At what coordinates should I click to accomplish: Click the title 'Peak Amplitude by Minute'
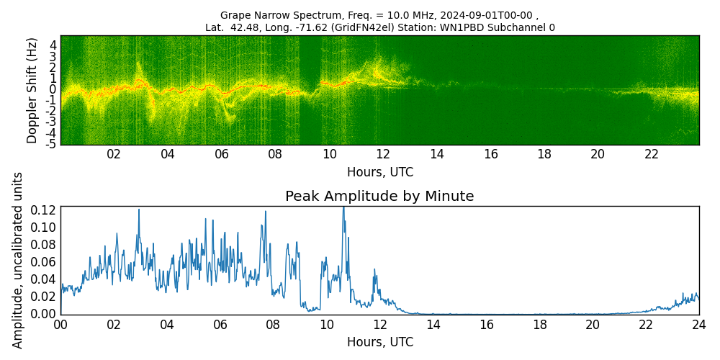(x=379, y=197)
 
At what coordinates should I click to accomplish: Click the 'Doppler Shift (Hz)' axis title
(x=32, y=90)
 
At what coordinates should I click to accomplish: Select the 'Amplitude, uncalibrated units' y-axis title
(x=18, y=260)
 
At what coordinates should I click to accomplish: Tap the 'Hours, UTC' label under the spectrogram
(x=379, y=172)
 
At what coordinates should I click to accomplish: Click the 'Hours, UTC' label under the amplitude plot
(x=379, y=342)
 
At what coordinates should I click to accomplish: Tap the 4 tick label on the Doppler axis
(x=53, y=44)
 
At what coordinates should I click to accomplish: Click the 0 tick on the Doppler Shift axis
(x=53, y=89)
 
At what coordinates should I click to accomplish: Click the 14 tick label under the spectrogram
(x=436, y=154)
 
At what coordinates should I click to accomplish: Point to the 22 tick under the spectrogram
(x=652, y=154)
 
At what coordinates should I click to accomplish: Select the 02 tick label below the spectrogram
(x=114, y=154)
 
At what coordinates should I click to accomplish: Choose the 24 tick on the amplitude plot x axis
(x=698, y=325)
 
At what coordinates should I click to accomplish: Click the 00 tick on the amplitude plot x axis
(x=60, y=325)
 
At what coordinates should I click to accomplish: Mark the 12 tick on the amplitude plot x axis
(x=379, y=325)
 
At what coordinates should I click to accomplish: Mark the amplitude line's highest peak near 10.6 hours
(x=343, y=208)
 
